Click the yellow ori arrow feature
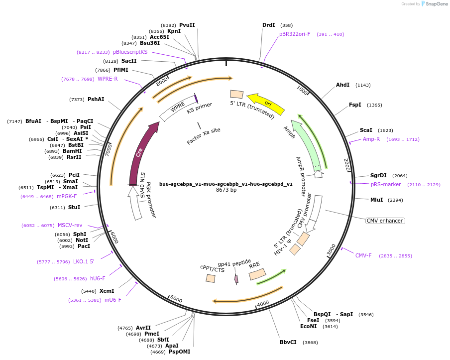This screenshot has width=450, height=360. (266, 103)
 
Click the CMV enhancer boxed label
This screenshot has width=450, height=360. (385, 221)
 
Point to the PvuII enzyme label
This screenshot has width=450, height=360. (187, 25)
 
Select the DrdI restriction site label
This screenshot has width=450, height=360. (269, 25)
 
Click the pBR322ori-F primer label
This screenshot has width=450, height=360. (295, 34)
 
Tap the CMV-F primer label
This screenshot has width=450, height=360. (363, 255)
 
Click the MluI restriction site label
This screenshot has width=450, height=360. (376, 200)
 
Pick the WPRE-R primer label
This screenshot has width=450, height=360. (108, 79)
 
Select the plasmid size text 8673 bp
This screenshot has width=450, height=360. (226, 190)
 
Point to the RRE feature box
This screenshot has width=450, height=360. (257, 274)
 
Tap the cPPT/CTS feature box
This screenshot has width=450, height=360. (211, 278)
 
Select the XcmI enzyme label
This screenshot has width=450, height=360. (107, 291)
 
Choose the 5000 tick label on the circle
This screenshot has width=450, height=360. (176, 299)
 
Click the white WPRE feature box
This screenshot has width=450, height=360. (177, 108)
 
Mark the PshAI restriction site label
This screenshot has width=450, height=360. (96, 99)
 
